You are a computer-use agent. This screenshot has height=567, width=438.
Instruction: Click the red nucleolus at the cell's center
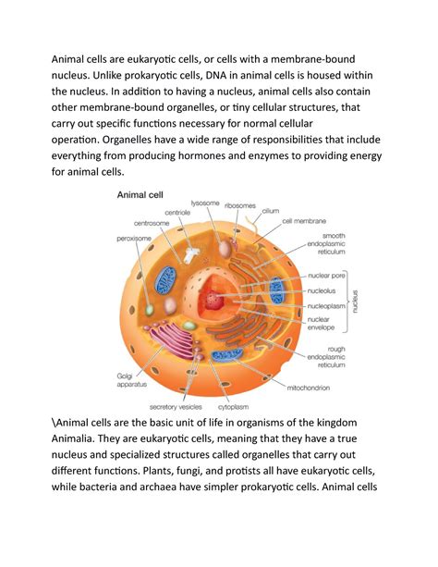[x=216, y=299]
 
